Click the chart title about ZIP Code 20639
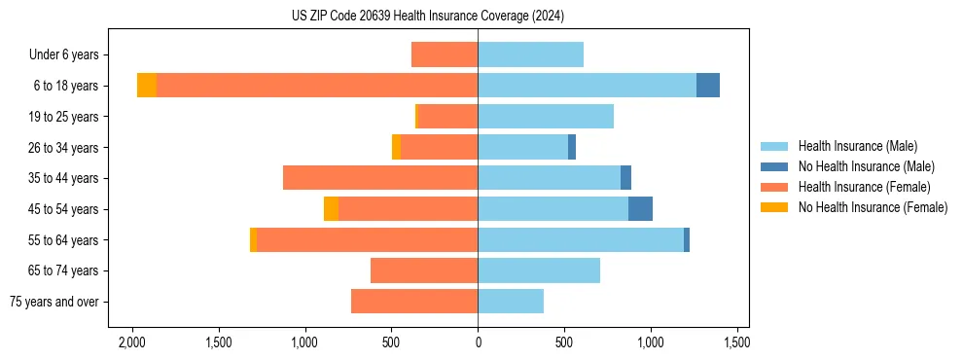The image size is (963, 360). point(428,17)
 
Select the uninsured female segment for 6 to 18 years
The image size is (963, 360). point(147,86)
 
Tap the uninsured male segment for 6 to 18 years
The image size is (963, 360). point(708,86)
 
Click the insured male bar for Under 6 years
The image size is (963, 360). point(530,54)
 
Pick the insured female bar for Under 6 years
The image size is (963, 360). point(445,54)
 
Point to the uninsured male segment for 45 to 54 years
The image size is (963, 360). point(640,209)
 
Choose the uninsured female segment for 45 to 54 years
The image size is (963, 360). point(331,209)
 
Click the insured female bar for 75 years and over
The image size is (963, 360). point(414,302)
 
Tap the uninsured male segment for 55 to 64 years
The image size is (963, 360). point(687,240)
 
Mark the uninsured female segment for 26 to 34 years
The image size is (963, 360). point(396,147)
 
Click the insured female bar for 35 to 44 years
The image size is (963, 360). point(380,178)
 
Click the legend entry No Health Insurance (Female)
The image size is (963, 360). point(873,207)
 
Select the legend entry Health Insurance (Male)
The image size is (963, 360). point(857,146)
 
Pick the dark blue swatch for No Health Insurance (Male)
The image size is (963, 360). point(774,166)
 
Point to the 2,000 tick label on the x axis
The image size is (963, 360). point(131,342)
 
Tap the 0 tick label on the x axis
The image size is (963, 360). point(478,342)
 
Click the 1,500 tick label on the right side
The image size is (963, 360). point(736,342)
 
